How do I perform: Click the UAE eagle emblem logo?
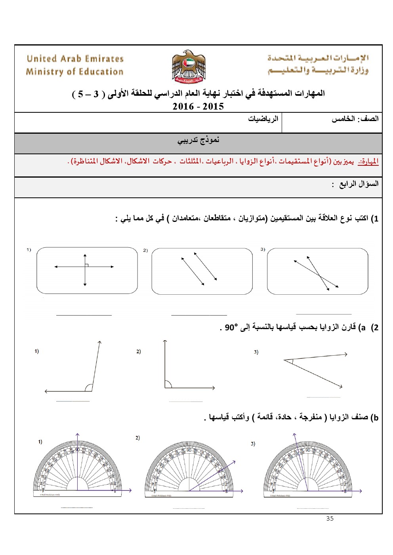tap(189, 66)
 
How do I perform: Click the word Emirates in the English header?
tap(104, 59)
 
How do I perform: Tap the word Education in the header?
tap(101, 72)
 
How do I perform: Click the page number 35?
tap(330, 518)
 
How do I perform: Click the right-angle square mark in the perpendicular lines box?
tap(86, 265)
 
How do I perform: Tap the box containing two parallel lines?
tap(202, 271)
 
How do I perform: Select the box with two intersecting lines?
tap(317, 271)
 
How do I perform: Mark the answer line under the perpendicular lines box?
tap(84, 315)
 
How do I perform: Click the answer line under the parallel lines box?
tap(199, 315)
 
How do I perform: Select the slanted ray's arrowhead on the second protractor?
tap(234, 462)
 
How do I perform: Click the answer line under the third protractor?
tap(313, 508)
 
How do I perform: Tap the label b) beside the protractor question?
tap(374, 418)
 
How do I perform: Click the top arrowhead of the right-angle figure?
tap(165, 341)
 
